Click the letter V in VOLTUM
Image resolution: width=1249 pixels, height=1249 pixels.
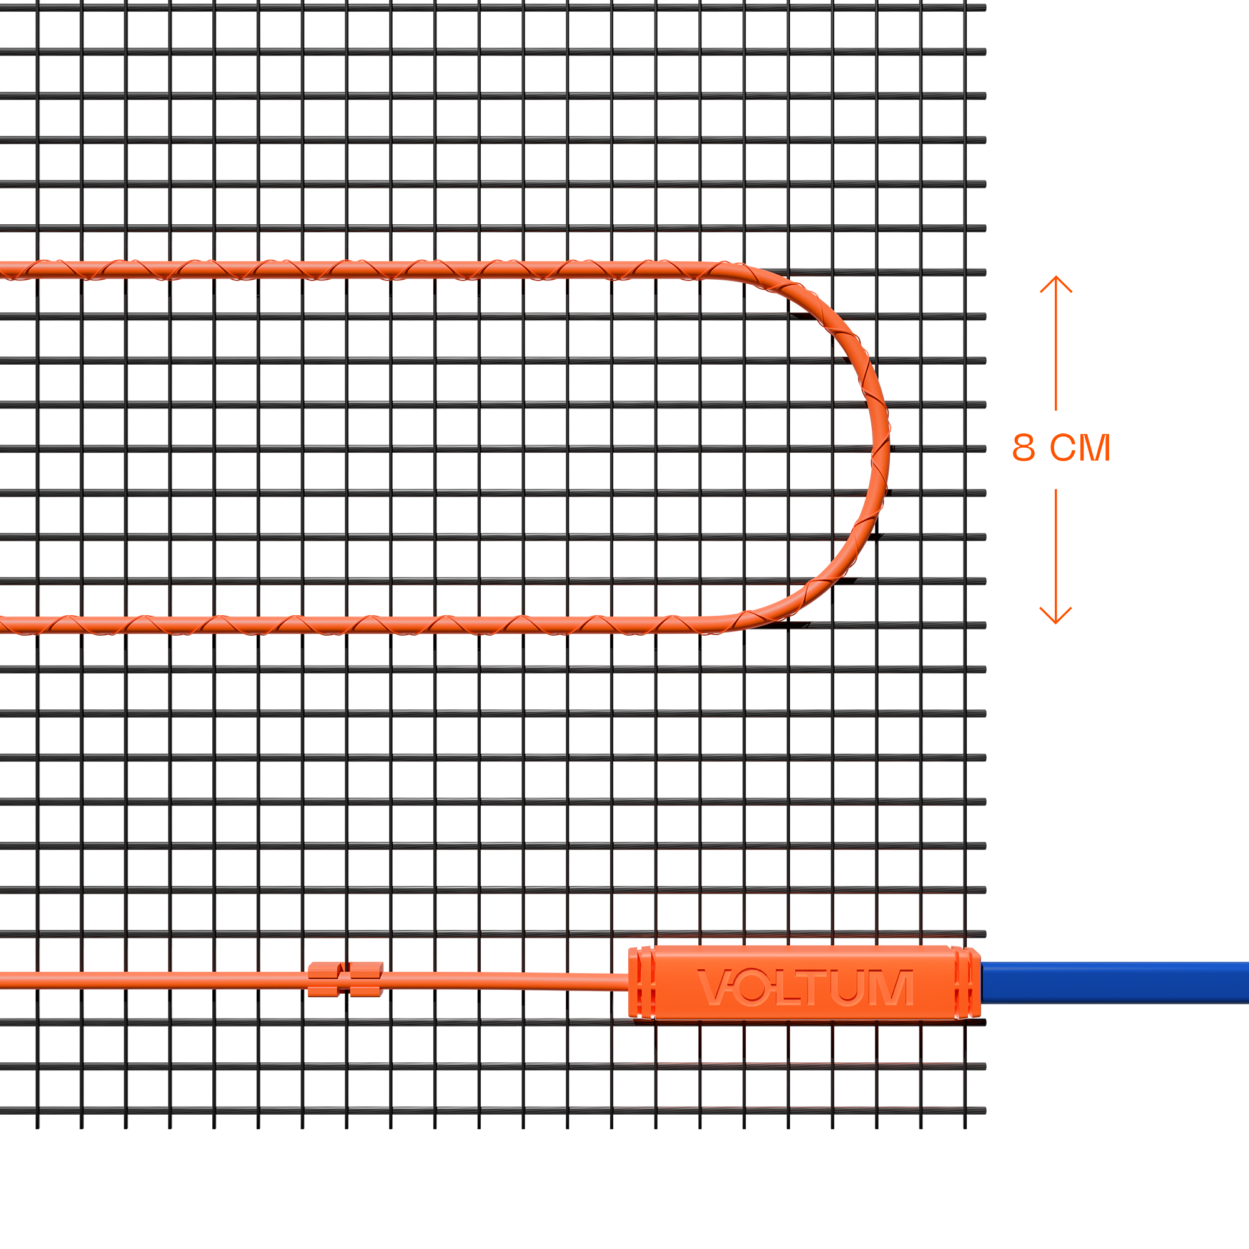click(714, 987)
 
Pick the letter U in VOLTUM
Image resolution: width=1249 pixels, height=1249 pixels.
click(847, 988)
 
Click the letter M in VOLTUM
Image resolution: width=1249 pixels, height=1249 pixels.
click(891, 987)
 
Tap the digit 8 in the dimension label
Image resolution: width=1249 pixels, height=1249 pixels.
click(1024, 447)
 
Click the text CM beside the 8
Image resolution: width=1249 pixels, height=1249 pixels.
click(1080, 447)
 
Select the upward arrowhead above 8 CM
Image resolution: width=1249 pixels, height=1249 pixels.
click(1055, 284)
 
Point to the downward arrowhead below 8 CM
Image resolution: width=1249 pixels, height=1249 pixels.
click(1055, 616)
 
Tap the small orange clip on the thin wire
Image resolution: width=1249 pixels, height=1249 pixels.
click(345, 979)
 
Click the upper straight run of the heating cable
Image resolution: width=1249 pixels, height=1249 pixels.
click(355, 270)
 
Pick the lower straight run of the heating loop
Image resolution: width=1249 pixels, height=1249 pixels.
click(355, 624)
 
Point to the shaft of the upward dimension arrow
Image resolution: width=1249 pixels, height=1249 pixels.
click(1055, 344)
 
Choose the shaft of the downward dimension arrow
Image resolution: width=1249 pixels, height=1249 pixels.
click(1055, 555)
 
